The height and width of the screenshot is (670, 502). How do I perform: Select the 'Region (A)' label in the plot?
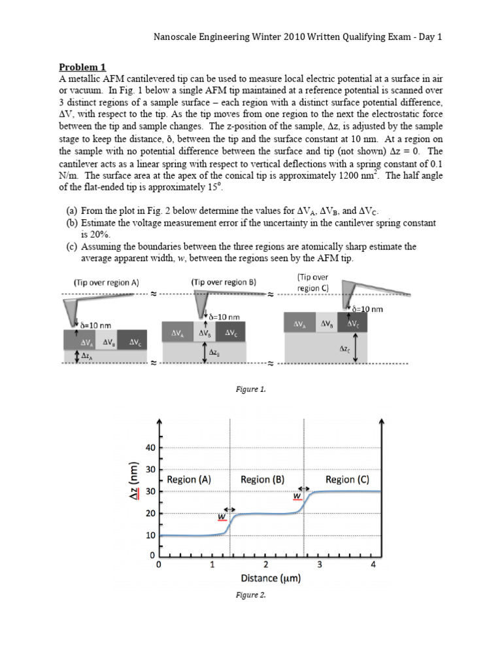[189, 479]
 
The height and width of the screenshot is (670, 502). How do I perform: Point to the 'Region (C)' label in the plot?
[347, 479]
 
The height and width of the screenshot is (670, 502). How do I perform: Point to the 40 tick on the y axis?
[150, 448]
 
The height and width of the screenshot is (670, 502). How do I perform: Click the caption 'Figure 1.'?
[250, 389]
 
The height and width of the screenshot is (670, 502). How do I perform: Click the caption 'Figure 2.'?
[250, 595]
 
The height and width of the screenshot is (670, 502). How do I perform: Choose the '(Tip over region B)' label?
[224, 282]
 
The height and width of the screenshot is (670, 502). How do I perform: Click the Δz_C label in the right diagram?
[344, 349]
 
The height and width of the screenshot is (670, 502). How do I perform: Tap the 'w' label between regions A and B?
[222, 517]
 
